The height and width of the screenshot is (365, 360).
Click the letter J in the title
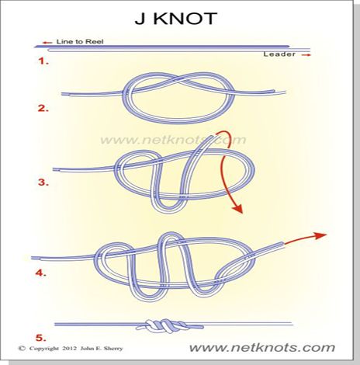[140, 19]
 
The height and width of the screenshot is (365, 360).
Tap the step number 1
[43, 61]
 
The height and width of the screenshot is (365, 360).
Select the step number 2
[43, 108]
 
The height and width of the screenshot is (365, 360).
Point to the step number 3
[43, 182]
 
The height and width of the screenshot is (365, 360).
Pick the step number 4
[41, 273]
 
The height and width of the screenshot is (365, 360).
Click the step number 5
[41, 338]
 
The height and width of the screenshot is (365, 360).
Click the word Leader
[279, 54]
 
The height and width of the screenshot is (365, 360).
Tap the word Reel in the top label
[95, 41]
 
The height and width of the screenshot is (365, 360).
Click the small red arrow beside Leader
[306, 55]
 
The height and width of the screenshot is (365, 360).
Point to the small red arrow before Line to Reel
[47, 43]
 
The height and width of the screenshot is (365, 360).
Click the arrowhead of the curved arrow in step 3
[237, 208]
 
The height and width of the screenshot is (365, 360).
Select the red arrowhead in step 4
[320, 235]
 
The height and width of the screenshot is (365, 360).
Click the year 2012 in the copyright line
[69, 349]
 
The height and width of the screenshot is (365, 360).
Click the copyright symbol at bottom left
[22, 349]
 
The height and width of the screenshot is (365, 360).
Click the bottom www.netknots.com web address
[261, 347]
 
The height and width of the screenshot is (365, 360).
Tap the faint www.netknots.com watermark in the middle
[173, 140]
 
